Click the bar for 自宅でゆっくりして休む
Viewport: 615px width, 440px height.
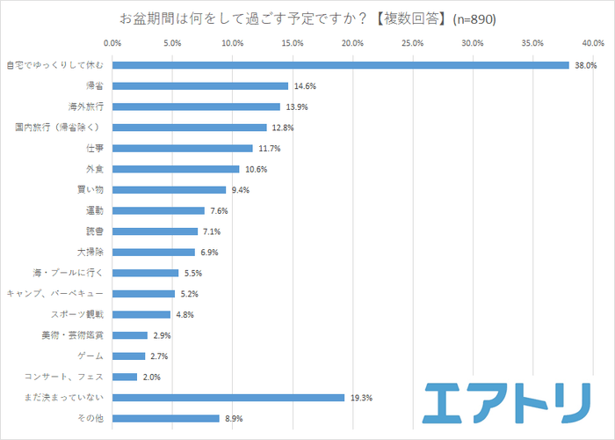tap(341, 65)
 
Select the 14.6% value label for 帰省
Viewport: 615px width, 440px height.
tap(305, 86)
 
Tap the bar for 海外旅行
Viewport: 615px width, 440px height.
tap(196, 106)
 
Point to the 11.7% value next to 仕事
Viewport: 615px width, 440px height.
tap(270, 149)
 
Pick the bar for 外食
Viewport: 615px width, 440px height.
tap(176, 169)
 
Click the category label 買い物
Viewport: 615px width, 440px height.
tap(90, 190)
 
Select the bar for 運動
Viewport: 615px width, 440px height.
tap(158, 211)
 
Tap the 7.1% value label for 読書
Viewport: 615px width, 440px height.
tap(211, 231)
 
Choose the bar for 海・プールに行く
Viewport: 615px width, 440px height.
tap(145, 273)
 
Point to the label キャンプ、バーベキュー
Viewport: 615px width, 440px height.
tap(55, 294)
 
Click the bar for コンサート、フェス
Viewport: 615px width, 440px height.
tap(125, 377)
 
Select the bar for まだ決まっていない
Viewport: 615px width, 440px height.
tap(228, 398)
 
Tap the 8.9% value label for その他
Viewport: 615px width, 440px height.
tap(233, 418)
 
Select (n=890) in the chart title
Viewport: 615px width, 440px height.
tap(474, 19)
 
